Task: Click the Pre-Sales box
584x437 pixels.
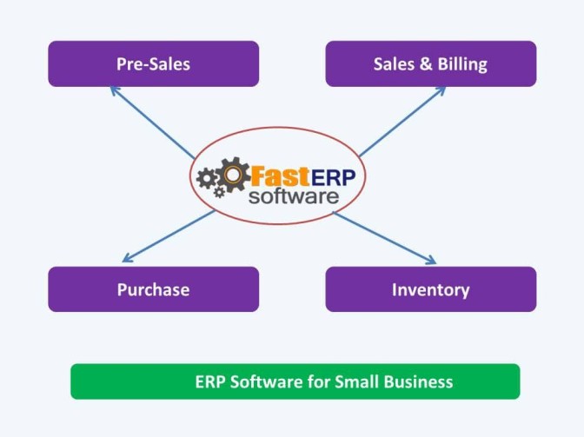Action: click(153, 63)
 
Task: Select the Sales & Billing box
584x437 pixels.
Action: click(430, 63)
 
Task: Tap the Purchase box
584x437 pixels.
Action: click(153, 289)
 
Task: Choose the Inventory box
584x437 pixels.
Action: click(430, 289)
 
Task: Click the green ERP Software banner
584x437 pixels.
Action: click(295, 381)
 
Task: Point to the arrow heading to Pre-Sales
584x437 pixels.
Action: click(153, 123)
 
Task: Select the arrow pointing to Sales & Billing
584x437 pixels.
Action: click(402, 121)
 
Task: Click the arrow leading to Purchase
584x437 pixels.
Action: click(169, 235)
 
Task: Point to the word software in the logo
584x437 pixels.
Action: click(293, 196)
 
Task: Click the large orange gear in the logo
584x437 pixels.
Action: click(234, 176)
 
